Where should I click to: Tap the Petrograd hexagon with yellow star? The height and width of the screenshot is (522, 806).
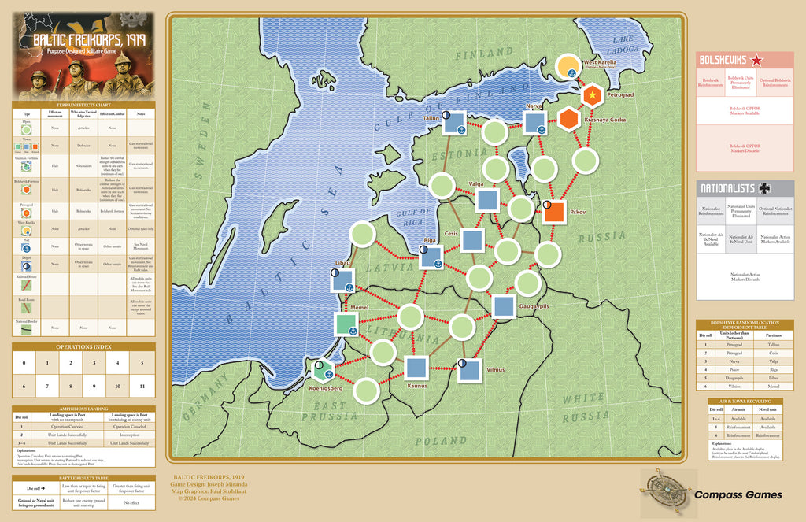592,95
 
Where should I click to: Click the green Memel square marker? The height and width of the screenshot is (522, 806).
346,324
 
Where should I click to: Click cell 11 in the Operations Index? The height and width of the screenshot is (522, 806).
142,387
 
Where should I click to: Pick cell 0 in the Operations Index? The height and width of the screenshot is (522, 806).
24,363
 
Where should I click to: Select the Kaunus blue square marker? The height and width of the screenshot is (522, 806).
416,368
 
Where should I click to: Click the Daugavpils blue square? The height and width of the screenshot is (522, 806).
504,307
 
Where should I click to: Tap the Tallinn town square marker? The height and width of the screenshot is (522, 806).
454,122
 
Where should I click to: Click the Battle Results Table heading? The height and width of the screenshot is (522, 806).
83,478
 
